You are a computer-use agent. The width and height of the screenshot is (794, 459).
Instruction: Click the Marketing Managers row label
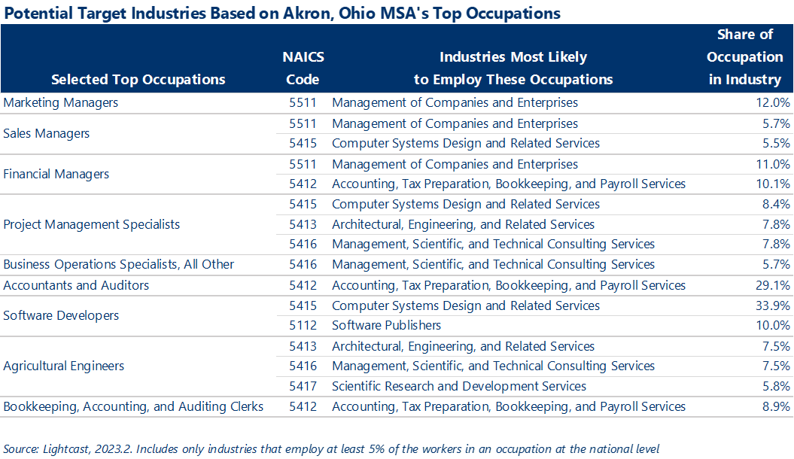(x=61, y=102)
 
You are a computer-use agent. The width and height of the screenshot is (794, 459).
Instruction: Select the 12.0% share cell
(x=772, y=102)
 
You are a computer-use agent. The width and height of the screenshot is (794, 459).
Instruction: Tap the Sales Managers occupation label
(x=47, y=133)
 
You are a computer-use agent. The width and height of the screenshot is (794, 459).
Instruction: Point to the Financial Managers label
(x=56, y=174)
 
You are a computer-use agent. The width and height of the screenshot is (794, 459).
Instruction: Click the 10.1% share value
(x=772, y=184)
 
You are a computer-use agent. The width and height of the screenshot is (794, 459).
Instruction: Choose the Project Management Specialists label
(x=92, y=224)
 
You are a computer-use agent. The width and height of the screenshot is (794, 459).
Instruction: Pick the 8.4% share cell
(x=774, y=204)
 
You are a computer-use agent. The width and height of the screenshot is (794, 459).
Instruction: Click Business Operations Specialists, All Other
(x=119, y=264)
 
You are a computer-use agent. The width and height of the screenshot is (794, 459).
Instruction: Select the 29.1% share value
(x=772, y=285)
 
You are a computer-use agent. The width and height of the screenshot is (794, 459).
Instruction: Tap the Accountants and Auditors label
(x=76, y=285)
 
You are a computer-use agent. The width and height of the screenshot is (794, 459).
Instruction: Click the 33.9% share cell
(x=772, y=305)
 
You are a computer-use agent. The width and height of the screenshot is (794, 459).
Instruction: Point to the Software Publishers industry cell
(x=386, y=325)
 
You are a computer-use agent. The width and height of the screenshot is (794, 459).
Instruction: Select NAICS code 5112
(x=303, y=325)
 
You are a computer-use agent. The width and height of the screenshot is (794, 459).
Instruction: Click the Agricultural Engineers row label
(x=64, y=366)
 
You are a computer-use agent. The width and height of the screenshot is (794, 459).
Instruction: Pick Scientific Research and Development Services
(x=458, y=386)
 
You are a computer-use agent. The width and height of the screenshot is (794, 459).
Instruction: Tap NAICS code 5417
(x=303, y=386)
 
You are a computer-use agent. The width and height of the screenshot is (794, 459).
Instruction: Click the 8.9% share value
(x=774, y=406)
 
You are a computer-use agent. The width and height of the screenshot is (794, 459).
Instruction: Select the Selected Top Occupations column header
(x=138, y=79)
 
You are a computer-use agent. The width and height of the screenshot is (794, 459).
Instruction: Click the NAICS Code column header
(x=303, y=68)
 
